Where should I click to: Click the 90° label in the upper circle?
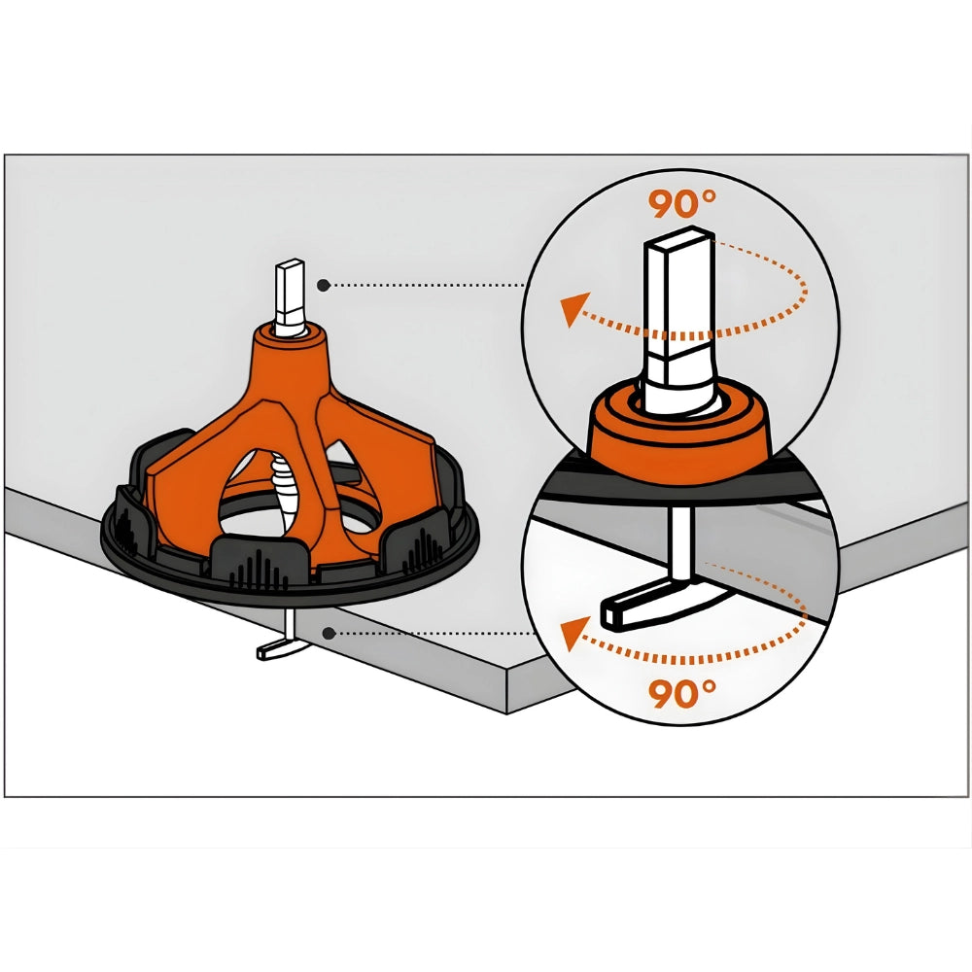[x=682, y=203]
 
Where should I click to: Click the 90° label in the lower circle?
[x=682, y=693]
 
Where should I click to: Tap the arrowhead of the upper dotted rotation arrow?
[x=573, y=309]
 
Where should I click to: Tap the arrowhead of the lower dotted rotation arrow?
[x=574, y=633]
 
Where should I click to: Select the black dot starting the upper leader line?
[x=323, y=285]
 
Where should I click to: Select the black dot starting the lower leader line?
[x=330, y=633]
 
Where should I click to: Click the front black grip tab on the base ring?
[x=260, y=562]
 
